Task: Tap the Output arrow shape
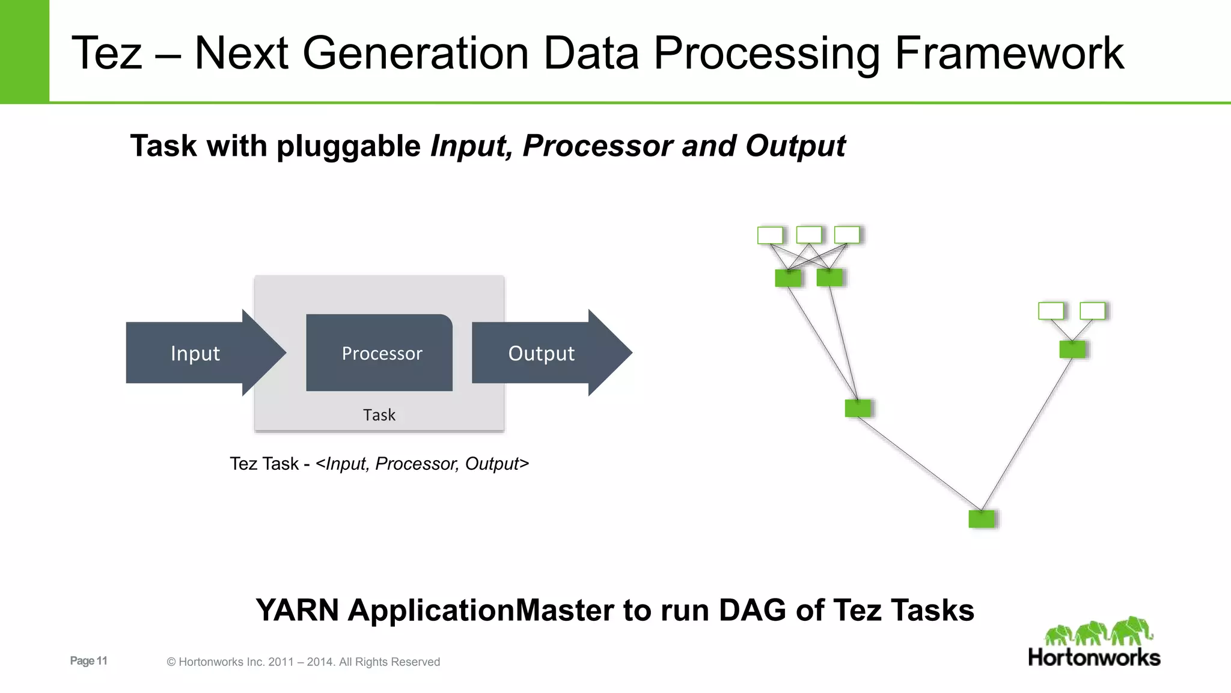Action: tap(541, 353)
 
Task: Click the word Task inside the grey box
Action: tap(379, 415)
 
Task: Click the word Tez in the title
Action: tap(107, 54)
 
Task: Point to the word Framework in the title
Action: tap(1009, 54)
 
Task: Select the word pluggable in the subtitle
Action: tap(349, 146)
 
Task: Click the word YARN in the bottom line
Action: tap(297, 610)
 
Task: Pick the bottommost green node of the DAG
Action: tap(982, 519)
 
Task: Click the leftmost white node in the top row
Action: tap(770, 235)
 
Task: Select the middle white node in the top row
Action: tap(808, 235)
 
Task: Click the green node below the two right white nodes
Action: tap(1072, 349)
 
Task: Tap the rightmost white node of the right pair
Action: tap(1092, 311)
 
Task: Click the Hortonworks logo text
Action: tap(1094, 657)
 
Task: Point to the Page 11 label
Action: tap(88, 661)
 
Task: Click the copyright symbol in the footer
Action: tap(171, 662)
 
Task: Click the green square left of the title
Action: tap(24, 51)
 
